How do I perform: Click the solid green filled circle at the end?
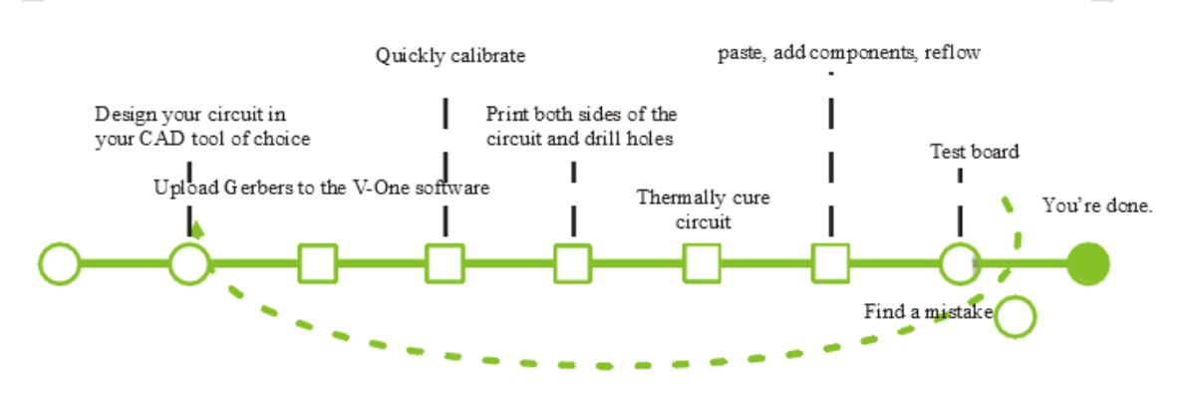coord(1087,264)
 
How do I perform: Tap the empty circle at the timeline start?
coord(60,264)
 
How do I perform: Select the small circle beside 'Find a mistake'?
coord(1017,316)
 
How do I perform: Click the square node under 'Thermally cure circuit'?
coord(702,264)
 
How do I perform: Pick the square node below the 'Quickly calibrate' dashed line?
coord(445,264)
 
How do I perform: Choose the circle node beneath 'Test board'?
coord(960,264)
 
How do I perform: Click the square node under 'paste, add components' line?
coord(830,264)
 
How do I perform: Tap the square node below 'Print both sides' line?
coord(573,264)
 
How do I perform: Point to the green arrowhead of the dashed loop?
coord(196,230)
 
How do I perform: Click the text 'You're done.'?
coord(1097,205)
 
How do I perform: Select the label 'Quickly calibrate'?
coord(449,56)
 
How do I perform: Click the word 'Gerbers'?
coord(255,188)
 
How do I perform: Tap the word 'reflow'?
coord(953,53)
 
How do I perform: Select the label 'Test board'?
coord(974,152)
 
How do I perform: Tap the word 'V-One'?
coord(377,188)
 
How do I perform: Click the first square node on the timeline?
coord(317,264)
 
